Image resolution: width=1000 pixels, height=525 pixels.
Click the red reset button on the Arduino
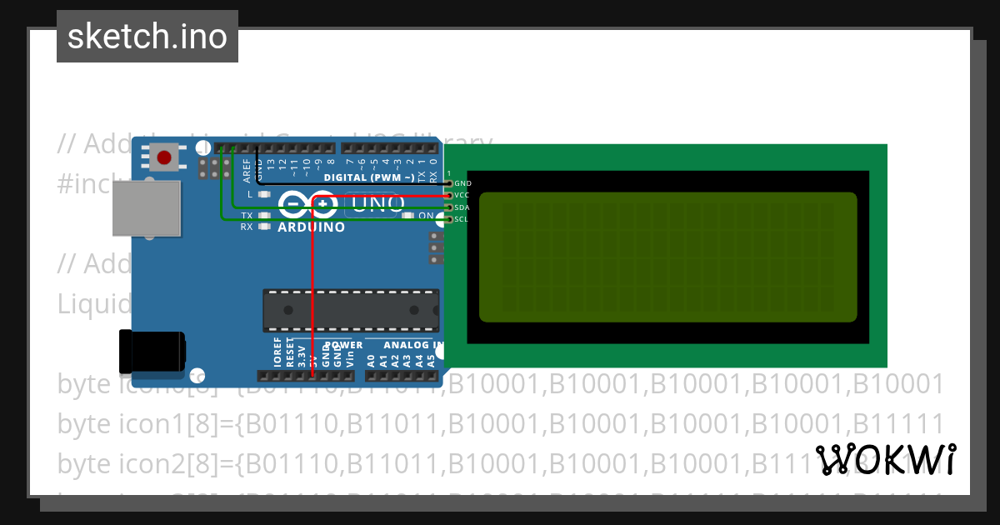[x=164, y=157]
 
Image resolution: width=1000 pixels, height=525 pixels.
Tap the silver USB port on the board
[x=146, y=208]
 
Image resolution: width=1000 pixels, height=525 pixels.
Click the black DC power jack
[x=152, y=351]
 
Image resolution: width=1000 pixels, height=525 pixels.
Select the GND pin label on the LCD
[x=463, y=183]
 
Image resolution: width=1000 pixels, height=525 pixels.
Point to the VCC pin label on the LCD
[x=463, y=195]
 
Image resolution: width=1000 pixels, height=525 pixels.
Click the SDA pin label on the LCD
[x=463, y=207]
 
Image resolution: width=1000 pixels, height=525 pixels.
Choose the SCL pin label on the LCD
[x=462, y=219]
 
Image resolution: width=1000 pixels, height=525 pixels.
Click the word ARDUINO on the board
[x=311, y=227]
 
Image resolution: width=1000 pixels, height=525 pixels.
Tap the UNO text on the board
[x=374, y=203]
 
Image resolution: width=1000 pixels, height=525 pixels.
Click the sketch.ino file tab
[x=147, y=37]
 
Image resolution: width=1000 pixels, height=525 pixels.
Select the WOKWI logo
[x=886, y=459]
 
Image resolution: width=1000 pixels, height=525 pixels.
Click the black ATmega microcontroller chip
[x=351, y=310]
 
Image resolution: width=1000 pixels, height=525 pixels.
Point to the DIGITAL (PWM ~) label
[x=368, y=177]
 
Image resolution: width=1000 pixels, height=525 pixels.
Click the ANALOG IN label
[x=413, y=345]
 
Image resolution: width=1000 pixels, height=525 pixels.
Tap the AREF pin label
[x=247, y=171]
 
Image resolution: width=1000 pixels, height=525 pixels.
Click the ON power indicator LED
[x=408, y=216]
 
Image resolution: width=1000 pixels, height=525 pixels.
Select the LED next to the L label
[x=264, y=194]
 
